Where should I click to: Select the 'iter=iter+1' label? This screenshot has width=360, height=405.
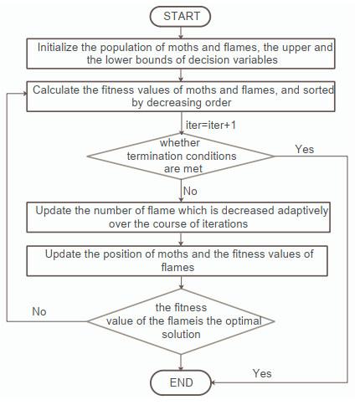click(x=211, y=125)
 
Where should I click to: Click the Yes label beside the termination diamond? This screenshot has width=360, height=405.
click(x=305, y=149)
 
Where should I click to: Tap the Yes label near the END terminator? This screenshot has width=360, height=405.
click(x=262, y=373)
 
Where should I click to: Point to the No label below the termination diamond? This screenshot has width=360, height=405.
click(x=190, y=191)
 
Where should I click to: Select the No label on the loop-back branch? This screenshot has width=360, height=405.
click(x=39, y=311)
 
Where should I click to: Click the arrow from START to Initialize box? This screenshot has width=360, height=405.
click(x=181, y=33)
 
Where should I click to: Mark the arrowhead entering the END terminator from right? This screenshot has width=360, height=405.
click(x=213, y=382)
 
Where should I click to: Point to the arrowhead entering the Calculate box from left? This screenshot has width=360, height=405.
click(x=24, y=94)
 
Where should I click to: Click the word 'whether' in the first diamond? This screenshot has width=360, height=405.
click(x=180, y=142)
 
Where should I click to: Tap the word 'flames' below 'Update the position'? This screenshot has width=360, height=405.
click(x=177, y=267)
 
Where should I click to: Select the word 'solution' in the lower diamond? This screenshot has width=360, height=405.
click(x=181, y=334)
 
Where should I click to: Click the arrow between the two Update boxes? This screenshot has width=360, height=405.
click(x=181, y=239)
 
